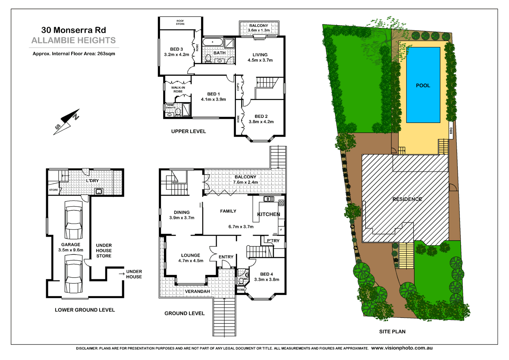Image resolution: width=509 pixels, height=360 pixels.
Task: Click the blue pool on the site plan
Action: coord(423,85)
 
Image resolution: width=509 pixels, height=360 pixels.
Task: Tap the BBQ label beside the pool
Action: coord(451,130)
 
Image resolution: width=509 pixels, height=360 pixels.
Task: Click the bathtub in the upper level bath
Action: coord(213,42)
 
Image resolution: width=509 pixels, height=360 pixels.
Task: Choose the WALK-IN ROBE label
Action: coord(178,89)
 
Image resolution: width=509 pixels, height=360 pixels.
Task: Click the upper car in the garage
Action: coord(73,220)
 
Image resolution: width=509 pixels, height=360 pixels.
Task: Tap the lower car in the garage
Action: coord(73,274)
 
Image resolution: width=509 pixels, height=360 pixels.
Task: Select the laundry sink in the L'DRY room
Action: coord(99,191)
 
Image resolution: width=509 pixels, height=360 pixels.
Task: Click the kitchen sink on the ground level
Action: coord(269,199)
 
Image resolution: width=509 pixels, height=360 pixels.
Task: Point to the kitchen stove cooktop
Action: coord(281,203)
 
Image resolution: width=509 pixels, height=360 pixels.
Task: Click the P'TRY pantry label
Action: coord(273,241)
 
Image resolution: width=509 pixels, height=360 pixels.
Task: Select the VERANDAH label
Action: coord(197,291)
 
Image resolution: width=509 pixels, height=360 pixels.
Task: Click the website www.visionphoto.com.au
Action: coord(402,348)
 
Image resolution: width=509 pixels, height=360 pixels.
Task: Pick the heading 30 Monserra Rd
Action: coord(73,30)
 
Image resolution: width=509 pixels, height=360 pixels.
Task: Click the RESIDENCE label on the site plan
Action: coord(407,199)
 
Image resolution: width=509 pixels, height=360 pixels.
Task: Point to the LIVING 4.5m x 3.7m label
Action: coord(260,57)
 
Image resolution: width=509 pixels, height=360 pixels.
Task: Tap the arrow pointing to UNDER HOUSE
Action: coord(121,274)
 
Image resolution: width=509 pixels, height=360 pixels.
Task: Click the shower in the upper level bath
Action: coord(229,43)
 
